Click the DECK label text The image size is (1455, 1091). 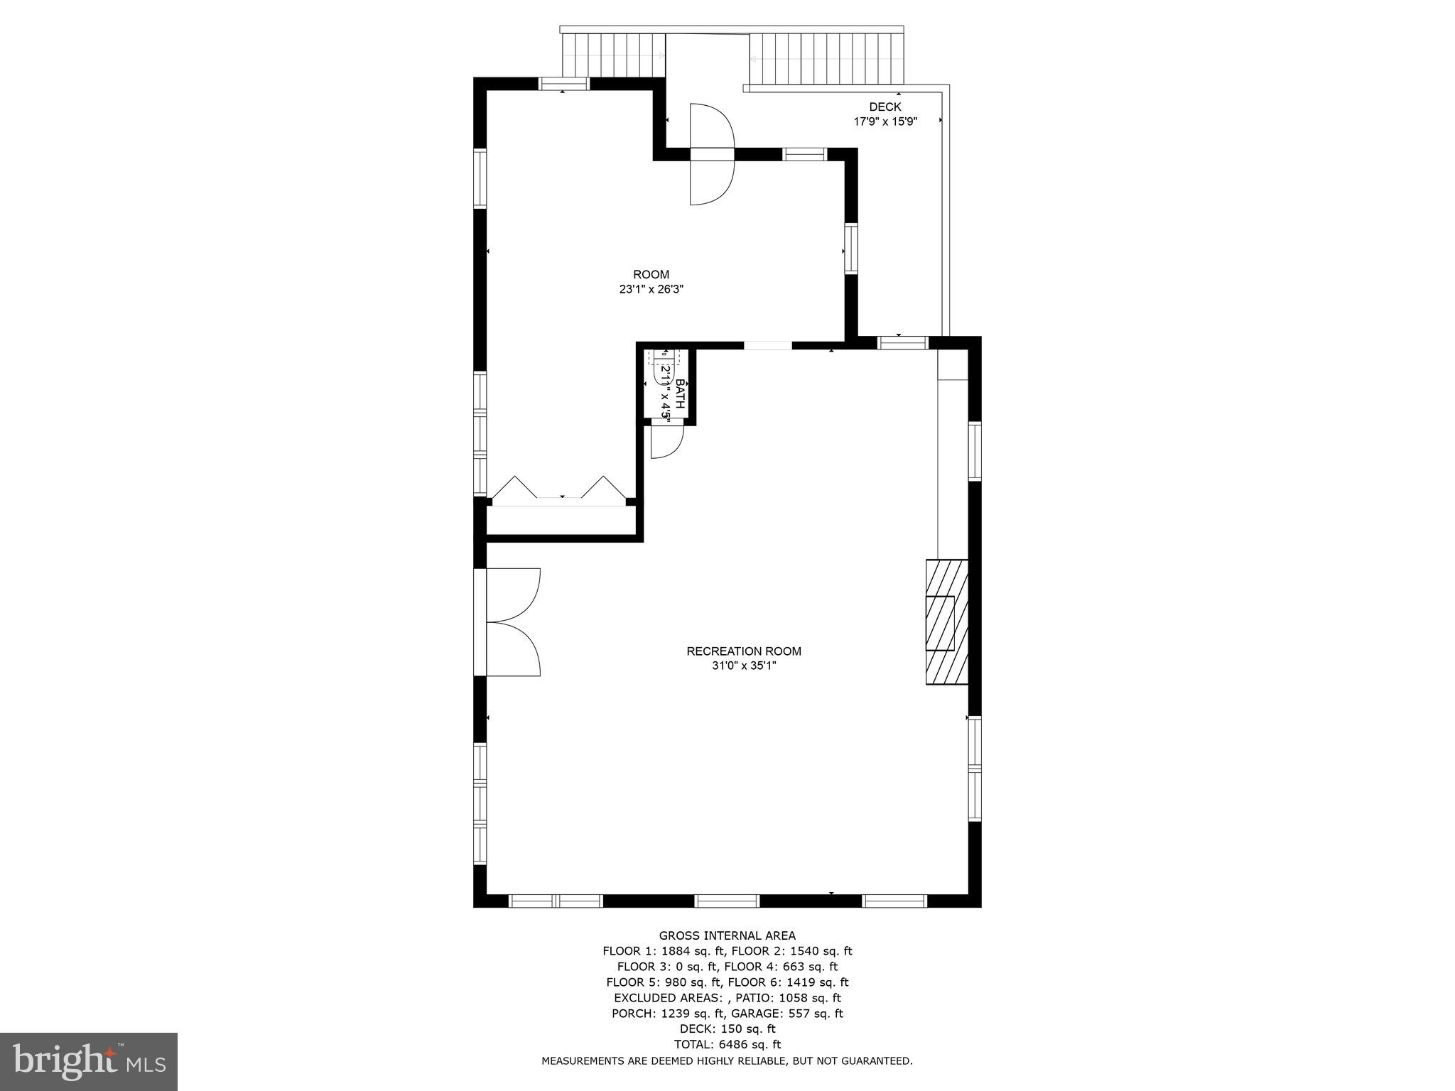(885, 107)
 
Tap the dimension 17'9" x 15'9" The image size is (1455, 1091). (885, 121)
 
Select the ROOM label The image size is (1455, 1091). (651, 275)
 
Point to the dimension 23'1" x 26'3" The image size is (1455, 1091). (651, 290)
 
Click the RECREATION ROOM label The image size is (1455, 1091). (743, 651)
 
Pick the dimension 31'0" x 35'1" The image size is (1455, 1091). (743, 666)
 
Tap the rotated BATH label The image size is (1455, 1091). (680, 394)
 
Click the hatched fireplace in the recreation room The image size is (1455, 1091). (946, 622)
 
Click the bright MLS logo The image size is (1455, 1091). (89, 1062)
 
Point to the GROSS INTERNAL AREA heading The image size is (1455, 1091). (727, 935)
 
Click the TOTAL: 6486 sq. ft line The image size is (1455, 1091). (727, 1044)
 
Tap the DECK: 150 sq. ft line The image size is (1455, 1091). (727, 1028)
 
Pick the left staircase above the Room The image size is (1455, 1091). (612, 55)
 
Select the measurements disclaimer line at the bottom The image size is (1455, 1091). (727, 1060)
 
